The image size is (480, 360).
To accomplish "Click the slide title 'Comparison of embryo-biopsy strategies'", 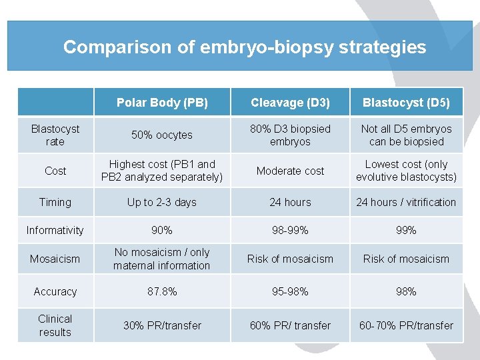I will point(244,47).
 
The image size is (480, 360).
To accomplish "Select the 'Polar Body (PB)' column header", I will point(162,103).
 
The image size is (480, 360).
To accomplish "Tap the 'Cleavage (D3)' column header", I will point(290,103).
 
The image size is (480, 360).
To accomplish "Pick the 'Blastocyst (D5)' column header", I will point(406,103).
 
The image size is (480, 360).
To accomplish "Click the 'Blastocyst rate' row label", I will point(55,135).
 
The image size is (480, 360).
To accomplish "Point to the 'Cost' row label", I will point(55,171).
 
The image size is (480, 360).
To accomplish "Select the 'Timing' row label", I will point(55,202).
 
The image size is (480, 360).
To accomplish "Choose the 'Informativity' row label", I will point(55,230).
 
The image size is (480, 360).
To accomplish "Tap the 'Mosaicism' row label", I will point(55,259).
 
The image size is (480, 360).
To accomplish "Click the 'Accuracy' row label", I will point(55,291).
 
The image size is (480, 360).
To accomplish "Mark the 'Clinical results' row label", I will point(55,325).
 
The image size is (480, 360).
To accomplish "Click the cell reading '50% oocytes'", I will point(162,135).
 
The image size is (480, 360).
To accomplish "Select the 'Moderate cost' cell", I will point(290,171).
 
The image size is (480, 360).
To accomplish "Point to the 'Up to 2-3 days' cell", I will point(162,202).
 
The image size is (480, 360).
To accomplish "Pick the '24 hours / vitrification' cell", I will point(406,202).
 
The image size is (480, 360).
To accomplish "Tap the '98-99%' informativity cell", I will point(290,230).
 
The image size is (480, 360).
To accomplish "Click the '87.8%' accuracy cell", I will point(162,291).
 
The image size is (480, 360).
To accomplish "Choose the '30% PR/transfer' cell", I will point(162,325).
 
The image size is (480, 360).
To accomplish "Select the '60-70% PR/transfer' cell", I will point(406,325).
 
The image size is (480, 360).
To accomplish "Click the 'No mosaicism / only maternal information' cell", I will point(162,259).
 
